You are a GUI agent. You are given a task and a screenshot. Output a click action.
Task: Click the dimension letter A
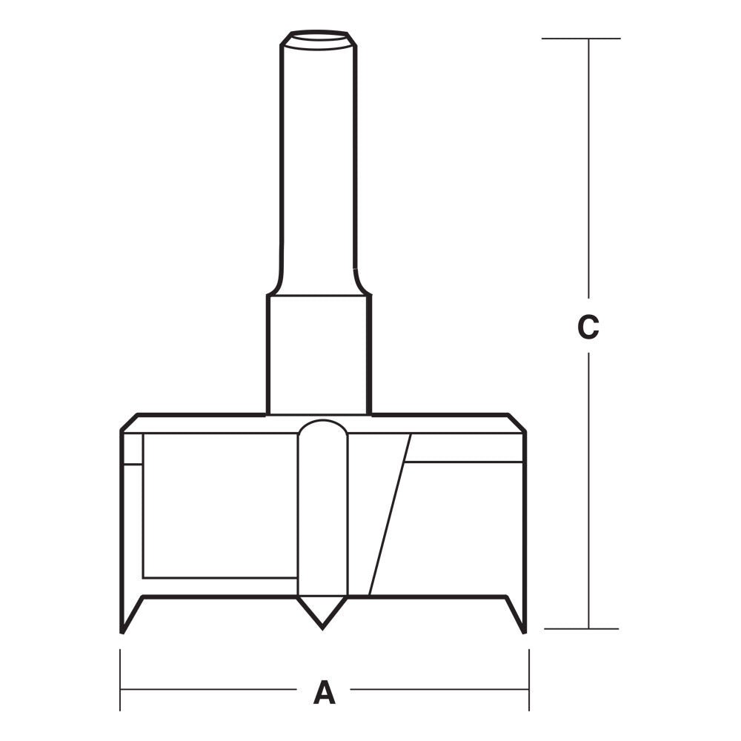pos(324,692)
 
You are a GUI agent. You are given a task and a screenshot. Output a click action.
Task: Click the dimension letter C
pos(588,327)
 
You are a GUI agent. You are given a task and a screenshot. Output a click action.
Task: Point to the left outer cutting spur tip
pos(122,630)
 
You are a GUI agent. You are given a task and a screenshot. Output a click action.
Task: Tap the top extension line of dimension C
pos(580,39)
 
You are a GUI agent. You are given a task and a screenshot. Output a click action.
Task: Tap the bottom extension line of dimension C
pos(581,629)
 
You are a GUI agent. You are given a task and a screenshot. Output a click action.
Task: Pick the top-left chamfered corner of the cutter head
pos(129,422)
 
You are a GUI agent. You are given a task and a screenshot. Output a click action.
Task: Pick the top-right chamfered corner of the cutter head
pos(517,422)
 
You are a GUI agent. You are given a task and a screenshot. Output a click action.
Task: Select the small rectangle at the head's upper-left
pos(133,448)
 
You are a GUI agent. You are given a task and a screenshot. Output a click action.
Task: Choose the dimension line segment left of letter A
pos(207,690)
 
